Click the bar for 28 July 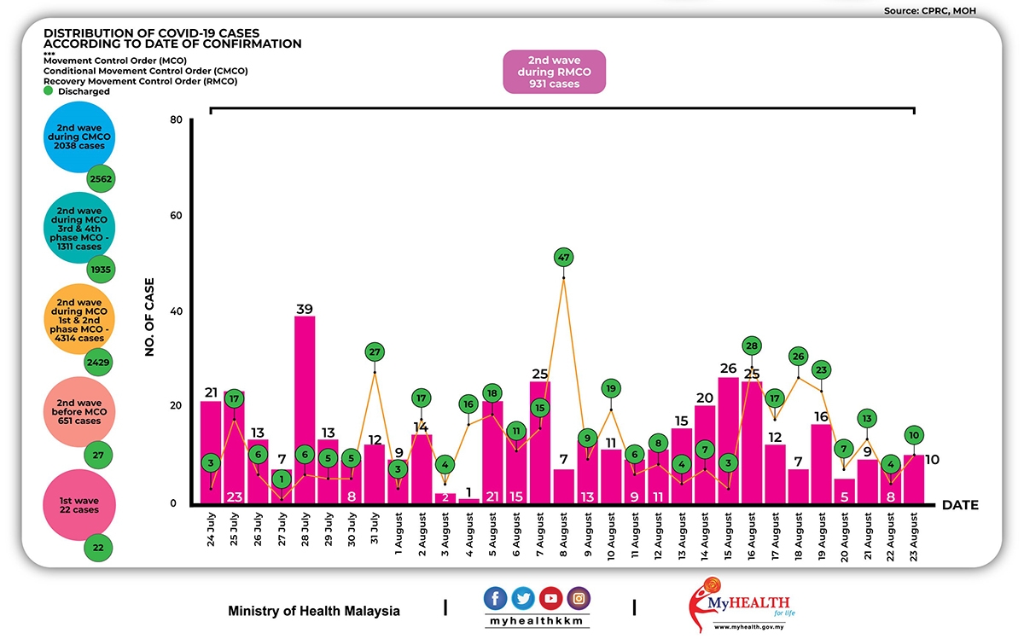[x=305, y=410]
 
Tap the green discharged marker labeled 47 [x=563, y=256]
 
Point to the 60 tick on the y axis [x=177, y=216]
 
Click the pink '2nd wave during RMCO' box [x=554, y=72]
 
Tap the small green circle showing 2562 [x=101, y=179]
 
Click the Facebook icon [x=496, y=598]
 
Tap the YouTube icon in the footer [x=550, y=598]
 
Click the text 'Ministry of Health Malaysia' [x=314, y=611]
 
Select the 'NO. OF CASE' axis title [x=149, y=316]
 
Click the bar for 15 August [x=728, y=439]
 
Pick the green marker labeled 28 [x=751, y=346]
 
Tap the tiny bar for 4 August [x=468, y=501]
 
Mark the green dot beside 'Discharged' [x=49, y=91]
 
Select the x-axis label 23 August [x=914, y=537]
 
